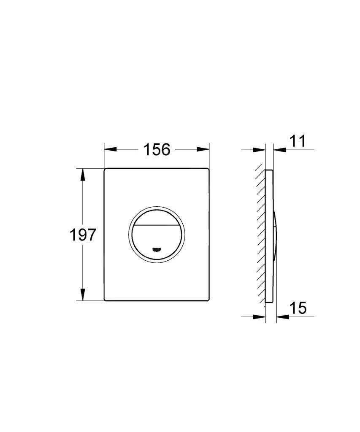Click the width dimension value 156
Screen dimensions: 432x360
pyautogui.click(x=157, y=149)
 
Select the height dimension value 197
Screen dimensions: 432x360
pyautogui.click(x=83, y=235)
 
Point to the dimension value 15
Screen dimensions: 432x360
pyautogui.click(x=298, y=308)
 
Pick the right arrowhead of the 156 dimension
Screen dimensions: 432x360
pyautogui.click(x=203, y=149)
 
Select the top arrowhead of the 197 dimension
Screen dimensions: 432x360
pyautogui.click(x=83, y=174)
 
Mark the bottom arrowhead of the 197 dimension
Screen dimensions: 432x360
pyautogui.click(x=83, y=294)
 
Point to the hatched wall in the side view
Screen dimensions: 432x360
pyautogui.click(x=261, y=236)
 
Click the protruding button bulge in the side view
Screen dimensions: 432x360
pyautogui.click(x=275, y=235)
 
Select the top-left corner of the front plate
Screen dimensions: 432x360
pyautogui.click(x=105, y=170)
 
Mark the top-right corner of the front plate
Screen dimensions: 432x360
pyautogui.click(x=208, y=170)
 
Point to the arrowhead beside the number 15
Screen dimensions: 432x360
pyautogui.click(x=282, y=316)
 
